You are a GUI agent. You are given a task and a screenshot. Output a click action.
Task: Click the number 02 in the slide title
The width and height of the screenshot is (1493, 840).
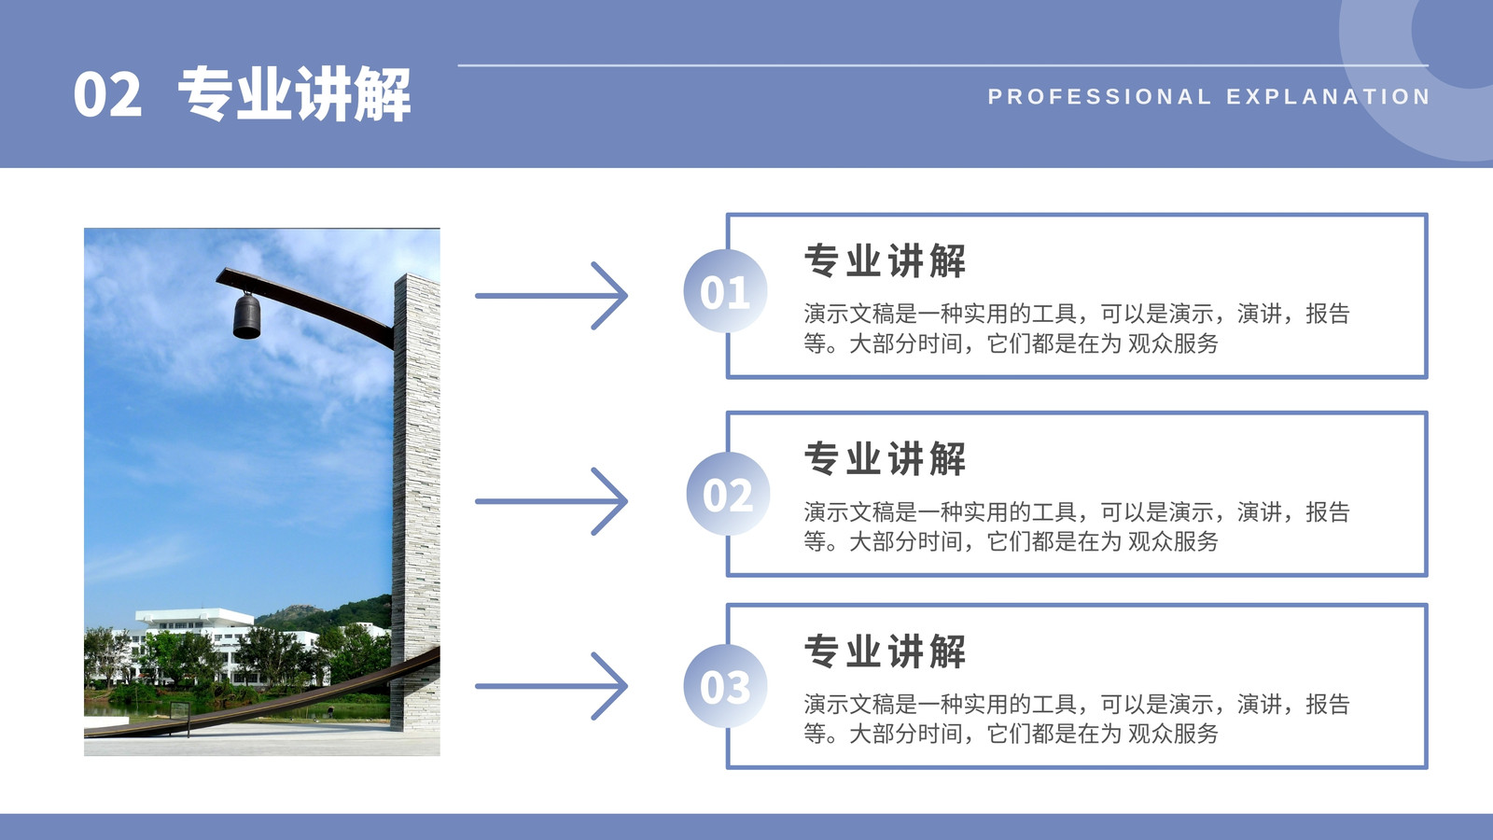[107, 94]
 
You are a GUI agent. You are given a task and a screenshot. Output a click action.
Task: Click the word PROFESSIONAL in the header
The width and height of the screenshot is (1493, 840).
[1099, 97]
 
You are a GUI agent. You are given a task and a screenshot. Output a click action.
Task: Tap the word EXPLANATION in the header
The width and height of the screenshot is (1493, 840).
[1329, 97]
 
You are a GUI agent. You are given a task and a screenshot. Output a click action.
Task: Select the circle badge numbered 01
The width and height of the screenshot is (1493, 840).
[725, 291]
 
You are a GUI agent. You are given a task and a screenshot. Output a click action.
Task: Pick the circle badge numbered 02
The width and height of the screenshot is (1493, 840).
[728, 494]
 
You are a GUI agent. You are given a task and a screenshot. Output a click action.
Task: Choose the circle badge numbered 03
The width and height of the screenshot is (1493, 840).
[725, 686]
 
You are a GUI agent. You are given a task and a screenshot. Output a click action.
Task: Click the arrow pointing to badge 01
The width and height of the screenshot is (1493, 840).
[551, 295]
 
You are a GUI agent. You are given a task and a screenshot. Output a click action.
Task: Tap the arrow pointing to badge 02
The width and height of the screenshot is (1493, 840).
[551, 501]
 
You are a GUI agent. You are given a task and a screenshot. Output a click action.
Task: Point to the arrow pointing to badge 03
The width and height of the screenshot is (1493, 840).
[551, 686]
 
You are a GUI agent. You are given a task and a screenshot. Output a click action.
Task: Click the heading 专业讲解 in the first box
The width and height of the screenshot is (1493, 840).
[886, 260]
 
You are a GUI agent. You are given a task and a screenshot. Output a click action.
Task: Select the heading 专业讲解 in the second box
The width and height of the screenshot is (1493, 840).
[886, 458]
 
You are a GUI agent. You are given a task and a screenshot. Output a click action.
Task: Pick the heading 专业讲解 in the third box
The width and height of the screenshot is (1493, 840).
[886, 651]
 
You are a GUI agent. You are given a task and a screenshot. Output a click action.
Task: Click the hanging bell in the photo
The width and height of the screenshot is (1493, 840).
[246, 315]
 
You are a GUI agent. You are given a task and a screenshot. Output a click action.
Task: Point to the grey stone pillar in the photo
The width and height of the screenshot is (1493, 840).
[416, 501]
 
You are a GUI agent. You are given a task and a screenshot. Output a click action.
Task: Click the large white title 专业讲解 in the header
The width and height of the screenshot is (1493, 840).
[294, 94]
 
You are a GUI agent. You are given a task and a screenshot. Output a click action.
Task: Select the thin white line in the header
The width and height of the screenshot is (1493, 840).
[943, 65]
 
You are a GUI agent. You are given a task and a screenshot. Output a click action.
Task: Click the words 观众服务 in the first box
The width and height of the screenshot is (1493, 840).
[1173, 343]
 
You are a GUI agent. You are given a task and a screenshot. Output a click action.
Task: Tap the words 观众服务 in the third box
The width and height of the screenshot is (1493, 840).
[1173, 734]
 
